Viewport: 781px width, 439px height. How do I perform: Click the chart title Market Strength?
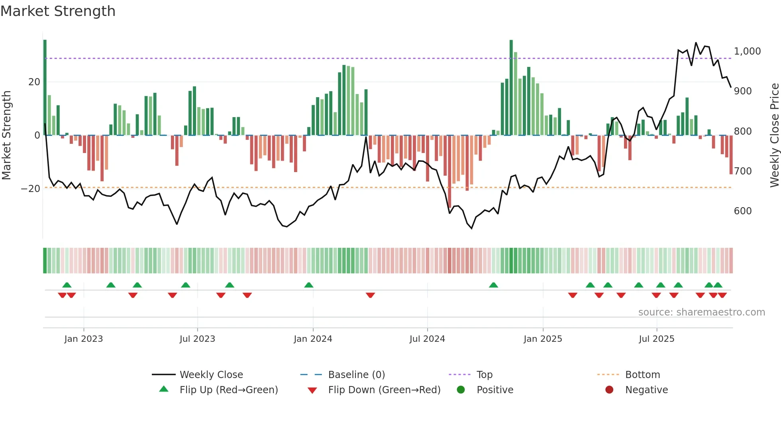tap(58, 11)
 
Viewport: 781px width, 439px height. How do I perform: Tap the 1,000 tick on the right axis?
tap(747, 51)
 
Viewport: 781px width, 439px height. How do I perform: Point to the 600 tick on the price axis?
tap(742, 211)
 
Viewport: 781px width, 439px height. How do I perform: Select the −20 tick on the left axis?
tap(31, 189)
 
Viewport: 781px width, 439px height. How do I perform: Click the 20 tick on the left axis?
tap(34, 82)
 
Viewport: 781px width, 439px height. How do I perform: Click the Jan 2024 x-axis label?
tap(313, 339)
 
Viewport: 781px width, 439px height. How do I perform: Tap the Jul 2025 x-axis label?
tap(656, 339)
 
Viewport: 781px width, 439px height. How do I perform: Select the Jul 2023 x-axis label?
tap(197, 339)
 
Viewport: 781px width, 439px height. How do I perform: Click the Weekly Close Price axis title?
tap(774, 135)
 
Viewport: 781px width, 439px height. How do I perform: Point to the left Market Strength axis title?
tap(7, 135)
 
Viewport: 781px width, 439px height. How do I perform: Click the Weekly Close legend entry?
tap(211, 375)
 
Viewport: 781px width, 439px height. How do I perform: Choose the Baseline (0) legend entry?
tap(356, 375)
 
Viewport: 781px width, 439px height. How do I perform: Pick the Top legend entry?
tap(485, 375)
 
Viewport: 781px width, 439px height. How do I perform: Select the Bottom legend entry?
tap(642, 375)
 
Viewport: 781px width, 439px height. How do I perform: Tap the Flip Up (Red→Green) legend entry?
tap(228, 390)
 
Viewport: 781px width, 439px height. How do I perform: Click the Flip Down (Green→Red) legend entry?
tap(384, 390)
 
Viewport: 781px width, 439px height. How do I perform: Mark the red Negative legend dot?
tap(609, 390)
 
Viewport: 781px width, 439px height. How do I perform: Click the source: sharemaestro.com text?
tap(701, 312)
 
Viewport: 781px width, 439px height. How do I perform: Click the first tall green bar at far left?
tap(45, 88)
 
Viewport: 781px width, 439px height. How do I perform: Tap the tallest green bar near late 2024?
tap(511, 88)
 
